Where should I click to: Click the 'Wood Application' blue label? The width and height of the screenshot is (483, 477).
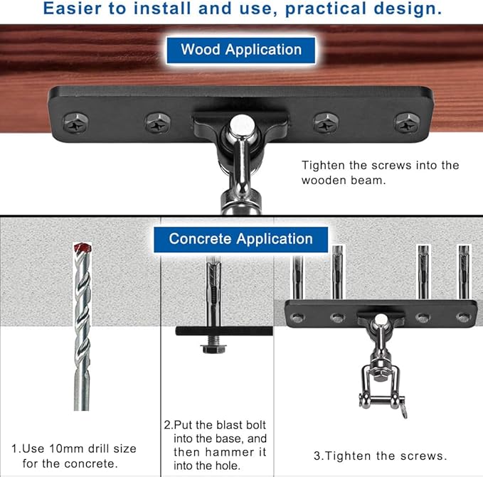[241, 50]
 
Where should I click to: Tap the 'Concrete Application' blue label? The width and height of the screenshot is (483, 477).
[241, 240]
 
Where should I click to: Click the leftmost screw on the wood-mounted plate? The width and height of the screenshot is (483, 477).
[76, 123]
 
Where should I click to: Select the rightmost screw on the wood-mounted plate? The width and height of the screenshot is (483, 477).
[407, 123]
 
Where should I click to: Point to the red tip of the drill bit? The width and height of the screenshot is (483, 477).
[83, 247]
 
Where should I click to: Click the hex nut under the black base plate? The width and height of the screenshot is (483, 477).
[214, 348]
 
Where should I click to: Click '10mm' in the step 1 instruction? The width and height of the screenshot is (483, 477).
[66, 449]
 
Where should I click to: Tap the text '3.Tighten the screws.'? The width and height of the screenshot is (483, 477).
[380, 456]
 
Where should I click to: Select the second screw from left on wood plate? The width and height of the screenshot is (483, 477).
[157, 123]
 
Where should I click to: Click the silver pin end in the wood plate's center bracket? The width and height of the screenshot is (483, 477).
[242, 124]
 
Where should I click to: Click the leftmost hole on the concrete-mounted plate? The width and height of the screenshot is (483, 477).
[297, 317]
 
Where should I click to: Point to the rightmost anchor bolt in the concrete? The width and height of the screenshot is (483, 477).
[464, 272]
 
